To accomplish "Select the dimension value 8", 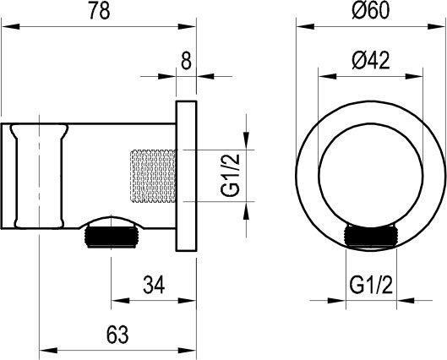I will pos(185,60).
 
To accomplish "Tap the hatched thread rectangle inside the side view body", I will pos(150,176).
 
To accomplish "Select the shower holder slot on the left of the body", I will pos(38,176).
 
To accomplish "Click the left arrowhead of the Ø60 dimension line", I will pos(299,29).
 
